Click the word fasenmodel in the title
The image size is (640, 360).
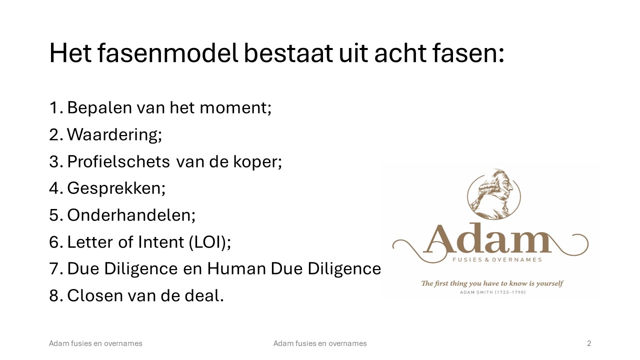click(167, 53)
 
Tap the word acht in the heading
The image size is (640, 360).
click(400, 53)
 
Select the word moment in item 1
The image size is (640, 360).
click(235, 108)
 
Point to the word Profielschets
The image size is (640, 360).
click(118, 161)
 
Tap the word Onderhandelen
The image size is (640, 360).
click(131, 215)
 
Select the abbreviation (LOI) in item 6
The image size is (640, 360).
click(209, 242)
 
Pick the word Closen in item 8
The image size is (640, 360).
click(95, 295)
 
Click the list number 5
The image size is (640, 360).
click(55, 215)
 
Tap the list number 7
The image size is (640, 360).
click(55, 269)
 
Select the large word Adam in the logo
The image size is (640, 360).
click(487, 238)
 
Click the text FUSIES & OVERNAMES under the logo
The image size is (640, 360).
click(497, 259)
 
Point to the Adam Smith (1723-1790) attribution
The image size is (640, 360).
click(493, 292)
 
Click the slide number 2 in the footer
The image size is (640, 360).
click(589, 343)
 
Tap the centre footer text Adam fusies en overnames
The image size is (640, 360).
click(320, 343)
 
